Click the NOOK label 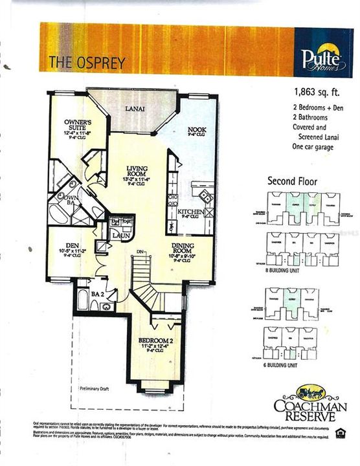pyautogui.click(x=196, y=129)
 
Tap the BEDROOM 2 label pyautogui.click(x=157, y=341)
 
